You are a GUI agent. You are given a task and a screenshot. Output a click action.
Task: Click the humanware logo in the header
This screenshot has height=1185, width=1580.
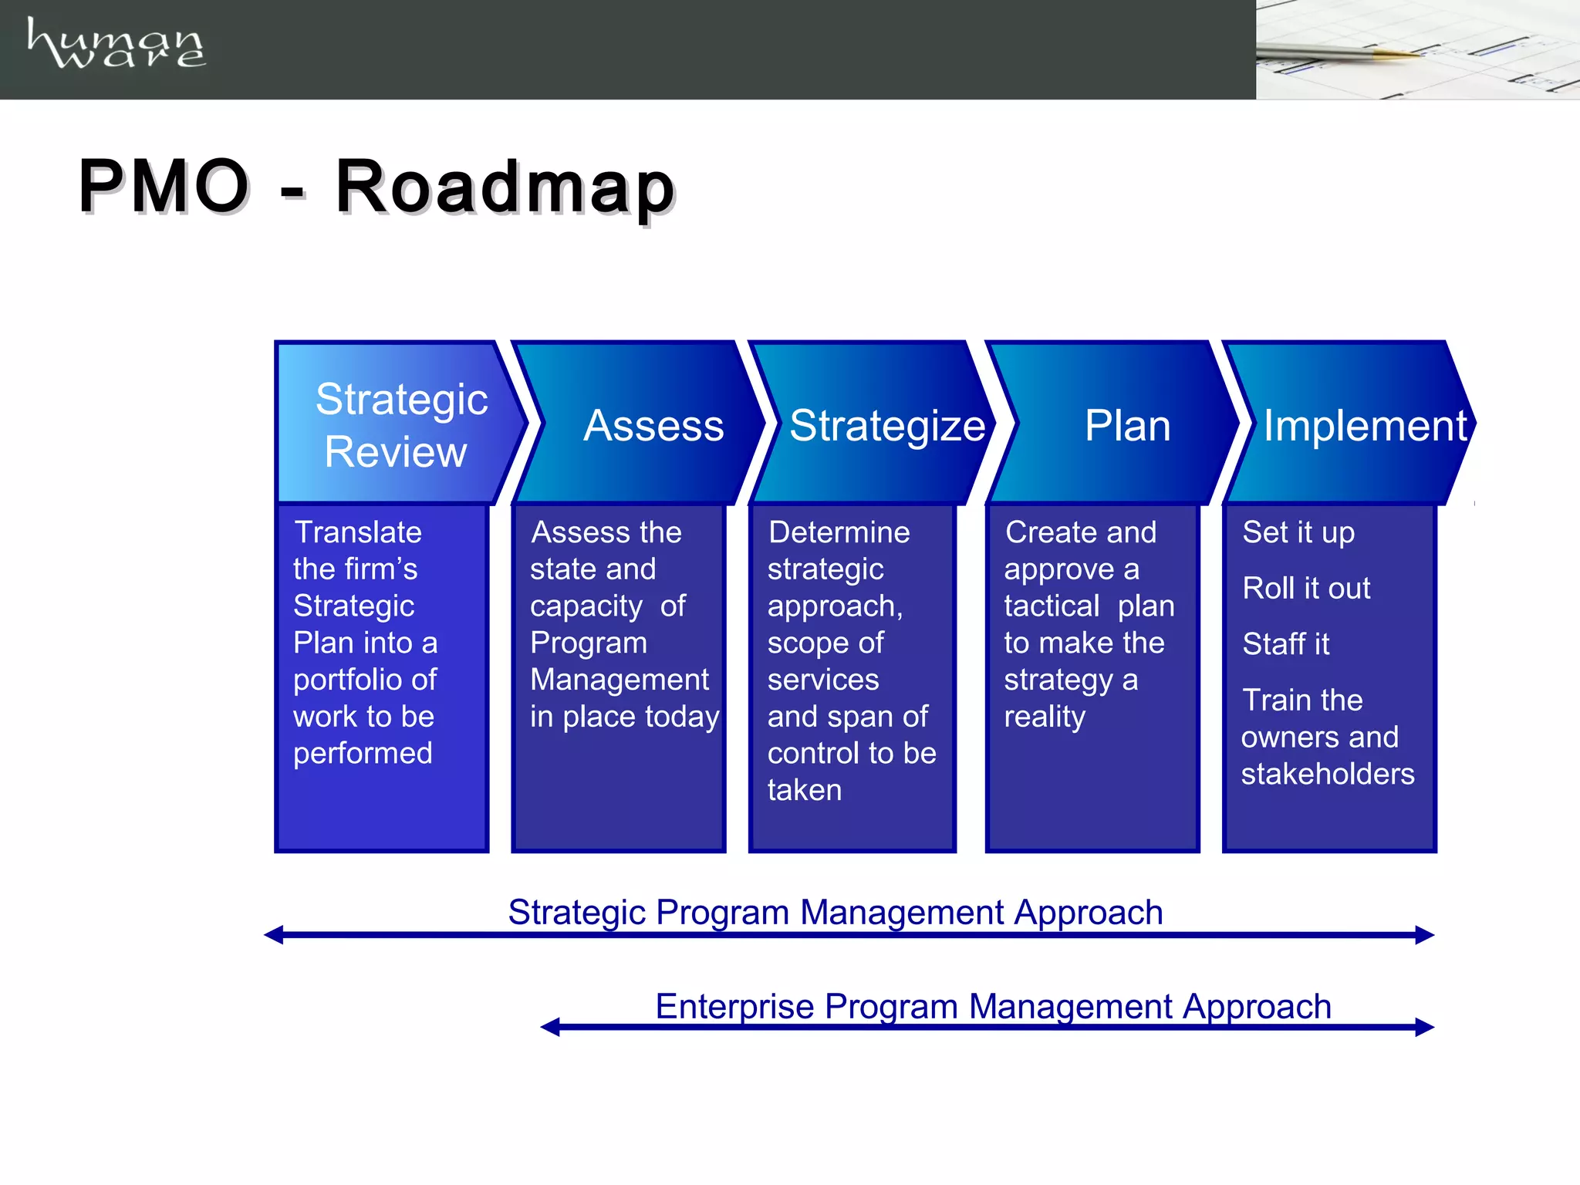pos(116,44)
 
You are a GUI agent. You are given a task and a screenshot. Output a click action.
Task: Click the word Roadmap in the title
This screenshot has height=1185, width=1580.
pos(505,187)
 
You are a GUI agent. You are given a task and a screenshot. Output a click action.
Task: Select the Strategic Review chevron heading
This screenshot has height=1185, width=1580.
pos(400,424)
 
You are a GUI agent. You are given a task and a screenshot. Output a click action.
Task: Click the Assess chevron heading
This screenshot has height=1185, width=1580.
pos(653,425)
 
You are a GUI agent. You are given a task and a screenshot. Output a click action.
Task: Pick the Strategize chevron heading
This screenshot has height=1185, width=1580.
pos(887,425)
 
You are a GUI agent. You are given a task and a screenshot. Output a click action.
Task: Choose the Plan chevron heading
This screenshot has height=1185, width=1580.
pos(1126,425)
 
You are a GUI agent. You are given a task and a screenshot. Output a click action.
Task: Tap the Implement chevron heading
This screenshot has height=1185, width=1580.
pos(1364,425)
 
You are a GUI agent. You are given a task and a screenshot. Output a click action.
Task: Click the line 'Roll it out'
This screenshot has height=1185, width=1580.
pos(1306,588)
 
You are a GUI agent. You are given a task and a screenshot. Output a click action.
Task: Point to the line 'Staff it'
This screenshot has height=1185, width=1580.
pos(1285,643)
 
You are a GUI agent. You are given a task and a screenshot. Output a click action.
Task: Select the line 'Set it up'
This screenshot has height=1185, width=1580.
pos(1298,532)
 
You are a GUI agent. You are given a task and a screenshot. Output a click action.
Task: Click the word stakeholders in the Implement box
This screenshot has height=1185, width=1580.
pos(1327,774)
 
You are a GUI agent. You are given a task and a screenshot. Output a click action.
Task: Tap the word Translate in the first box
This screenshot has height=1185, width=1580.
pos(358,532)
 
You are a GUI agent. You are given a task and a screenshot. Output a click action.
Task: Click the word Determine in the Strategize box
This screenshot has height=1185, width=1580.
pos(839,532)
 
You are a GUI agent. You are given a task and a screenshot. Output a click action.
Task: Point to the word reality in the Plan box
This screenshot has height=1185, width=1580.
pos(1044,717)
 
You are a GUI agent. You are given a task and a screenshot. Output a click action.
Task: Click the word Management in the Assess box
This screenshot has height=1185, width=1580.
pos(619,680)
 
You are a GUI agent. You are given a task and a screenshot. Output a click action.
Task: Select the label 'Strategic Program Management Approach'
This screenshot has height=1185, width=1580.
pos(835,913)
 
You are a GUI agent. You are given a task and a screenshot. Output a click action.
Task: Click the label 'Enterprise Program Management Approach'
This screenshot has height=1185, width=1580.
pos(993,1006)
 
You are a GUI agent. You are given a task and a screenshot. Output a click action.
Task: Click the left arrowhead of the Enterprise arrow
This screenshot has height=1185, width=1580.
pos(550,1027)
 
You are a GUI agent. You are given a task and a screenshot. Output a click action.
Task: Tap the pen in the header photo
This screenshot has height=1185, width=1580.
pos(1342,52)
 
